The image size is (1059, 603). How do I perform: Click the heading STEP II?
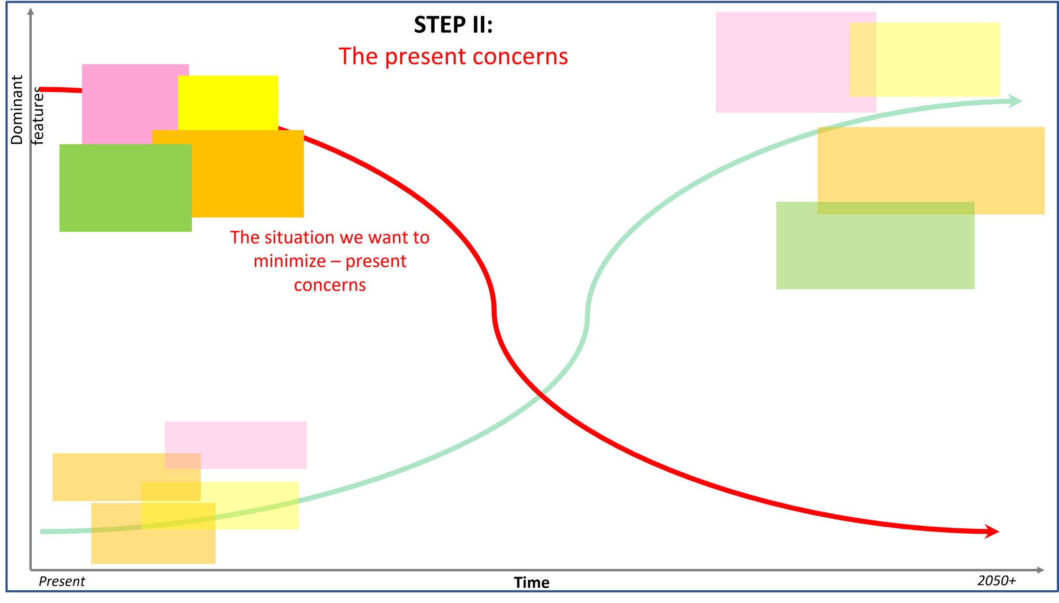[453, 25]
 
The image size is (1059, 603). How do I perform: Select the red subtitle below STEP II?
[453, 56]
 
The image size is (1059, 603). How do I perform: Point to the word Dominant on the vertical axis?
[17, 110]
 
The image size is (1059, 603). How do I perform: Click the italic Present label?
[61, 581]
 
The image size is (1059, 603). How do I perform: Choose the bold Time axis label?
[532, 582]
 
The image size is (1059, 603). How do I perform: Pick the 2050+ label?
[997, 581]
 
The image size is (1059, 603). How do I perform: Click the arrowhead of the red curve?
[992, 532]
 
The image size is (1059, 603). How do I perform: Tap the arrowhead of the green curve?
[1016, 101]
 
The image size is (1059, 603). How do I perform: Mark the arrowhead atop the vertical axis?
[31, 11]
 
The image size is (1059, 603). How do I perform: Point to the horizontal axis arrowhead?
[1040, 570]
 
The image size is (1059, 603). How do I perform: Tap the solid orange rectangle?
[249, 175]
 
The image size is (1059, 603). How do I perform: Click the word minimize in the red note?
[290, 261]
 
